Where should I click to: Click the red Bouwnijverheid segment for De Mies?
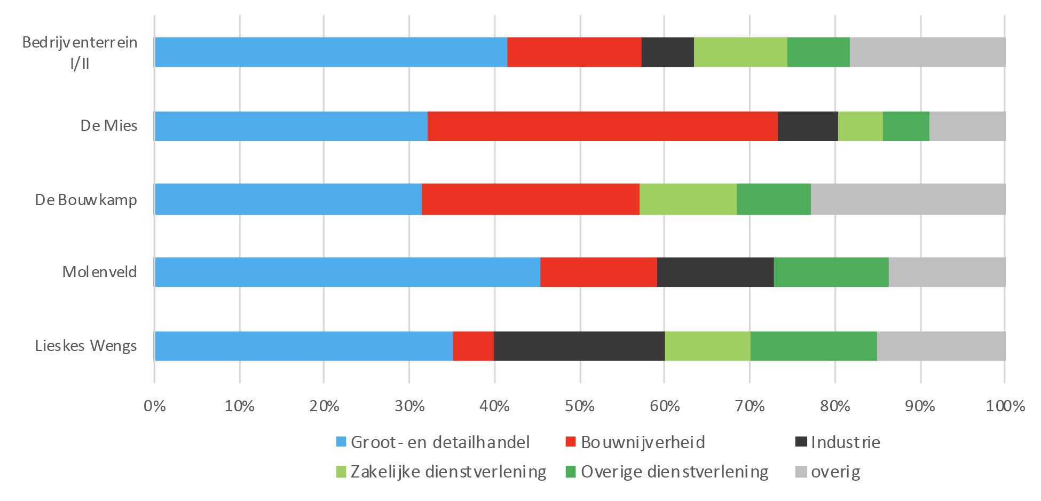coord(602,126)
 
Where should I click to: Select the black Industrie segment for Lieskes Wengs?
coord(579,346)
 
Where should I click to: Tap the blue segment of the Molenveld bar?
coord(347,272)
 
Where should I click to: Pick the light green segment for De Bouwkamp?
coord(688,199)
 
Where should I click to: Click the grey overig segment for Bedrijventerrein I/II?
coord(927,52)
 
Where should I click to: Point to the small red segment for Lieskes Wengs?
coord(473,346)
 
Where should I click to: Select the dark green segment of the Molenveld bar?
coord(831,272)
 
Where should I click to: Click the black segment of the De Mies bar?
coord(807,126)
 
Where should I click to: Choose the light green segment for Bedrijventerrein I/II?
coord(740,52)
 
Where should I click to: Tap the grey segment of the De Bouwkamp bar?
coord(908,199)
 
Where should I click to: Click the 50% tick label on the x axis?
coord(580,406)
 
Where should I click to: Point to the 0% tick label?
coord(155,406)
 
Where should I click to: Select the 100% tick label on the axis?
coord(1005,406)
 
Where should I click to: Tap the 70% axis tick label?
coord(750,406)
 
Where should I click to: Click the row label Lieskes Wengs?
coord(86,346)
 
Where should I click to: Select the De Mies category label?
coord(109,126)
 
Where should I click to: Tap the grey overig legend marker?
coord(801,472)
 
